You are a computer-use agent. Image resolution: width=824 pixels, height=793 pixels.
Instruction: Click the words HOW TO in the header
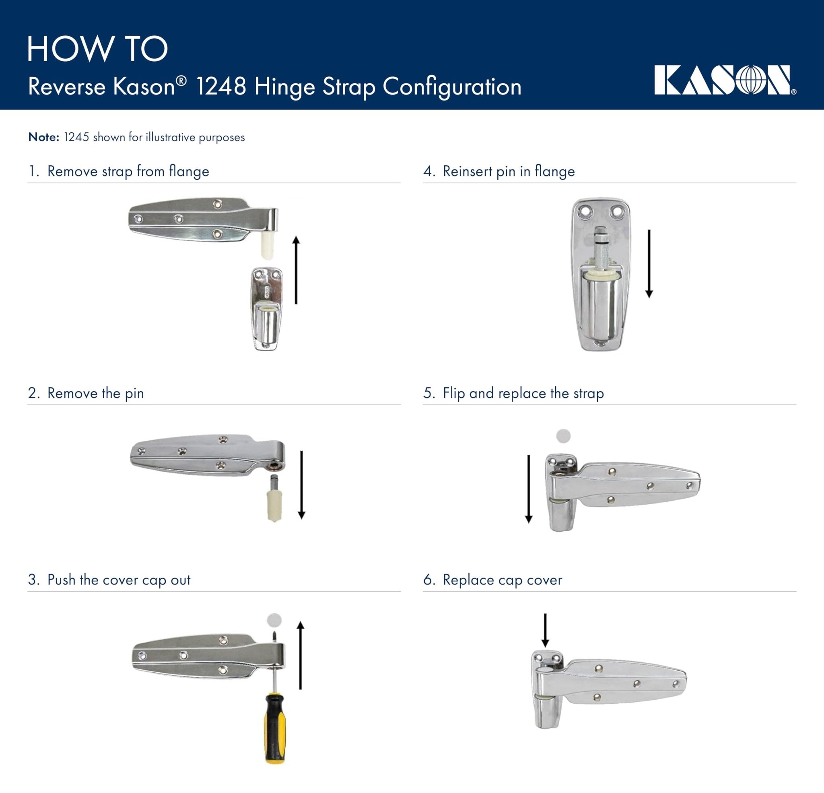pyautogui.click(x=97, y=49)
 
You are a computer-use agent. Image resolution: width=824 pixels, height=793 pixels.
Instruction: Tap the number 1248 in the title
pyautogui.click(x=221, y=86)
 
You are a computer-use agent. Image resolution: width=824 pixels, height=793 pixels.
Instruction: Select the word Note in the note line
pyautogui.click(x=43, y=138)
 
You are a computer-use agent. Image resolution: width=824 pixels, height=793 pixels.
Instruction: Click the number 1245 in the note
pyautogui.click(x=76, y=138)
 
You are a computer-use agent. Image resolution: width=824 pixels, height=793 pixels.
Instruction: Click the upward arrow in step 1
pyautogui.click(x=296, y=270)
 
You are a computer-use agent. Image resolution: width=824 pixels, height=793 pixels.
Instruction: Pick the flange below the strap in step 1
pyautogui.click(x=266, y=309)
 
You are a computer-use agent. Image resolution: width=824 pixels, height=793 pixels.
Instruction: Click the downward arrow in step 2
pyautogui.click(x=301, y=485)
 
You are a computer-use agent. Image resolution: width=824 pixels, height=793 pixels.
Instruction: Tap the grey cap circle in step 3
pyautogui.click(x=274, y=620)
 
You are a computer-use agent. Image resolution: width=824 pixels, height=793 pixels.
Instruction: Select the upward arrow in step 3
pyautogui.click(x=300, y=655)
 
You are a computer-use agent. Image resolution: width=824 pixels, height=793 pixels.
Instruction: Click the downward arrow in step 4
pyautogui.click(x=649, y=263)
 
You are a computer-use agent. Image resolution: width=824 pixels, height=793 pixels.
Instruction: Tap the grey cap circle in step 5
pyautogui.click(x=563, y=436)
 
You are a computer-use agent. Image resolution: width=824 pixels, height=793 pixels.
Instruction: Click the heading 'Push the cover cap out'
pyautogui.click(x=119, y=580)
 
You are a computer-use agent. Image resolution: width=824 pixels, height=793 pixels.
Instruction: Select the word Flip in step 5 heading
pyautogui.click(x=453, y=393)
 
